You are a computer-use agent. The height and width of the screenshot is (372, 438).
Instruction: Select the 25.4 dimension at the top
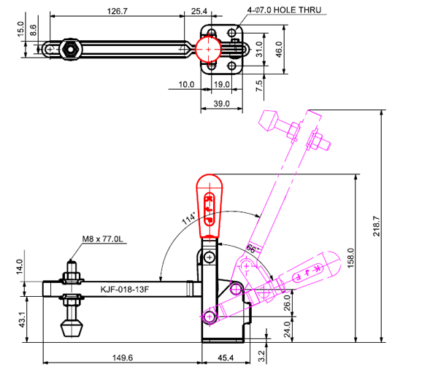point(199,12)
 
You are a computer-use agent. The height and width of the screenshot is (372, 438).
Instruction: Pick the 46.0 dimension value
point(278,49)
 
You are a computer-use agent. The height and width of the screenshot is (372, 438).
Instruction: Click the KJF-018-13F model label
point(125,289)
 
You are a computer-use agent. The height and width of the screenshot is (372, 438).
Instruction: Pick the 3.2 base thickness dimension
point(261,357)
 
